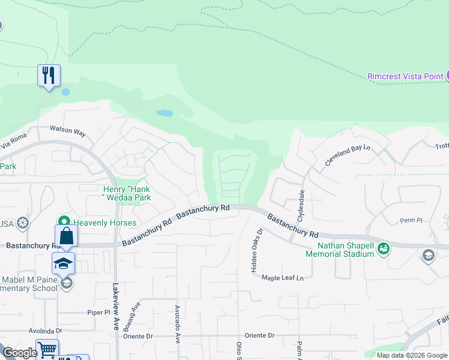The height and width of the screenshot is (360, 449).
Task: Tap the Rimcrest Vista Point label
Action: (x=403, y=76)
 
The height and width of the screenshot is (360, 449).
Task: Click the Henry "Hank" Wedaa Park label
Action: (x=126, y=193)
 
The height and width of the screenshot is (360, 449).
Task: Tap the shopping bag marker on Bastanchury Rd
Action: (x=67, y=236)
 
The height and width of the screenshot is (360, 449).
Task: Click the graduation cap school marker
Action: (x=63, y=263)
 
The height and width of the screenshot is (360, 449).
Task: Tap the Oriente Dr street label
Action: (x=259, y=335)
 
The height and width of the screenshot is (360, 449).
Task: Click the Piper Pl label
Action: (x=99, y=312)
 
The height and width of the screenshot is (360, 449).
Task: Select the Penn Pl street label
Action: (x=412, y=221)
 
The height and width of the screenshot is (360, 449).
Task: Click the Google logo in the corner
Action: (x=20, y=353)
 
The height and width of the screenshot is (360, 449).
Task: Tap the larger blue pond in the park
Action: (x=164, y=112)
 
